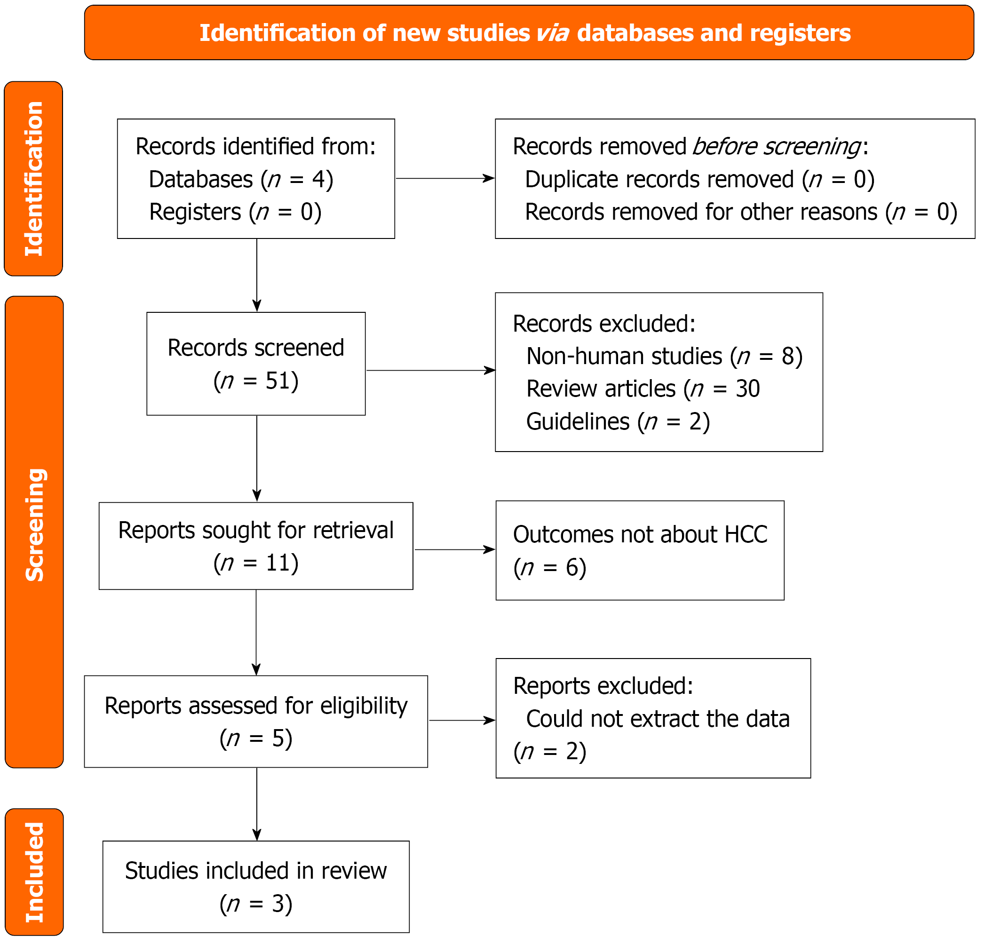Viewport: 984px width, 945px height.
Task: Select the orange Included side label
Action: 34,872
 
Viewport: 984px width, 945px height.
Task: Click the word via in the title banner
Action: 553,33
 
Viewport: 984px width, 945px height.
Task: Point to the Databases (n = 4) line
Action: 241,179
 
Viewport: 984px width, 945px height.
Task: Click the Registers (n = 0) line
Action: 235,212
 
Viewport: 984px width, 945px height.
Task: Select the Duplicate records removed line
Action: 699,179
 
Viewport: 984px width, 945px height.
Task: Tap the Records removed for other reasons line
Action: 741,212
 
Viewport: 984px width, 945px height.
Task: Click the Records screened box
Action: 256,364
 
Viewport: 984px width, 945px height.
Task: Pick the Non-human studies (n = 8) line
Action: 664,356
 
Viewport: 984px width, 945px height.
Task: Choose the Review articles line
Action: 643,389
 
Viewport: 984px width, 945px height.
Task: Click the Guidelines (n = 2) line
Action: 618,421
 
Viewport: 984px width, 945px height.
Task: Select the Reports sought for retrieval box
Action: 256,546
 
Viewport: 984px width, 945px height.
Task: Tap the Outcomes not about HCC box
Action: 640,550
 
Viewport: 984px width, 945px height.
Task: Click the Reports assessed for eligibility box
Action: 256,722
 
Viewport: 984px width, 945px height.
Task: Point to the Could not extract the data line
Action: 658,719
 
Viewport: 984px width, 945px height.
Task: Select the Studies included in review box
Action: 256,887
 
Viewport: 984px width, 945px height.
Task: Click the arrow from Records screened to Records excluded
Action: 431,371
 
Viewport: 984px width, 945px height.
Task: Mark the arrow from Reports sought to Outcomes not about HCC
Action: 455,550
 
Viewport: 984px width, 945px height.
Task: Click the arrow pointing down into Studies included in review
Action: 256,804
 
